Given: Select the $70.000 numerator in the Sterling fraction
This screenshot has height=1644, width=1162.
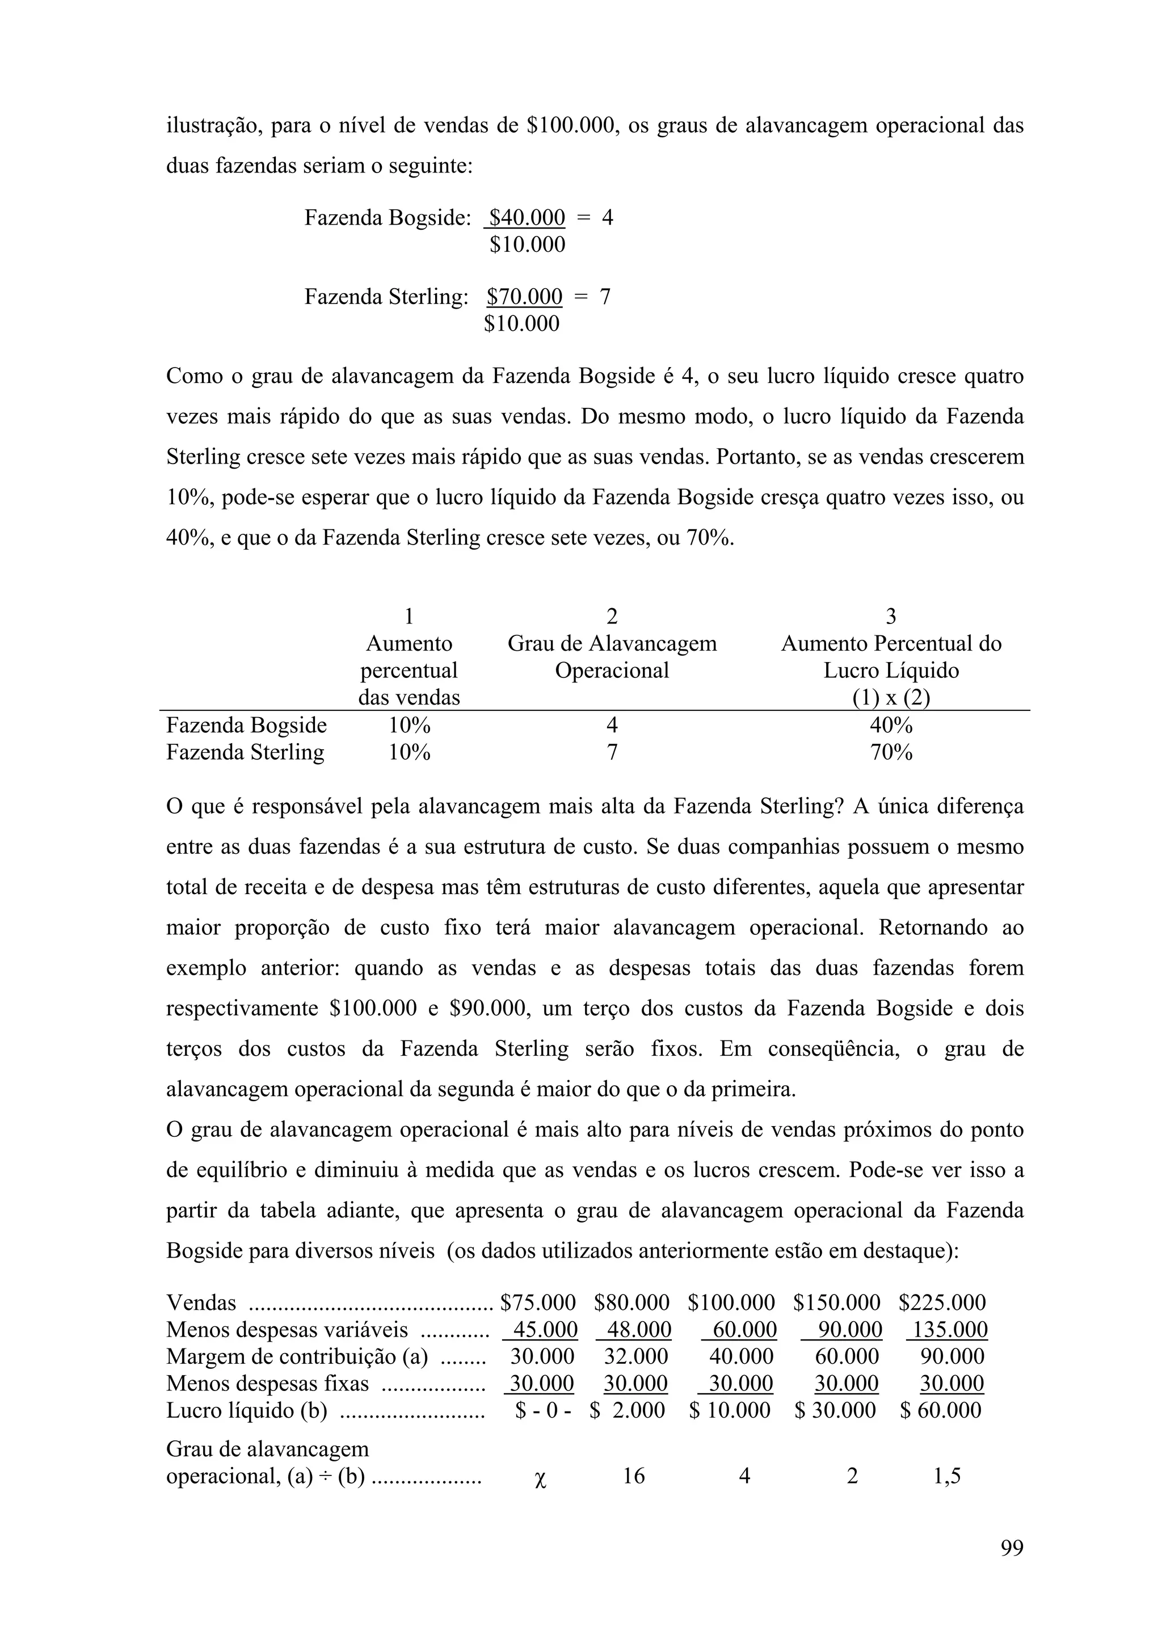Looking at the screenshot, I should point(524,297).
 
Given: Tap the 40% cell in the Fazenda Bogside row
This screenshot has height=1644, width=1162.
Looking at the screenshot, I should point(891,726).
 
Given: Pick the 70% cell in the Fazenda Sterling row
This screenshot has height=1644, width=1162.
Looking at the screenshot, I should point(891,753).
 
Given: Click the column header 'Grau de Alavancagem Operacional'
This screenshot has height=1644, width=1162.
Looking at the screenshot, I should point(612,657).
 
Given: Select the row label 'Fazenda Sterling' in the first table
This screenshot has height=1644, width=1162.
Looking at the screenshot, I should point(245,753).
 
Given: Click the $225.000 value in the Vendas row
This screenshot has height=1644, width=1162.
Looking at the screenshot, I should point(942,1302).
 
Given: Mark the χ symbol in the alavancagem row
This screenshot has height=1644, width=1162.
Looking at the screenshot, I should point(541,1478).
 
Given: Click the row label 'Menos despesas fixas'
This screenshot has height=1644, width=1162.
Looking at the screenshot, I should point(267,1384).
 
